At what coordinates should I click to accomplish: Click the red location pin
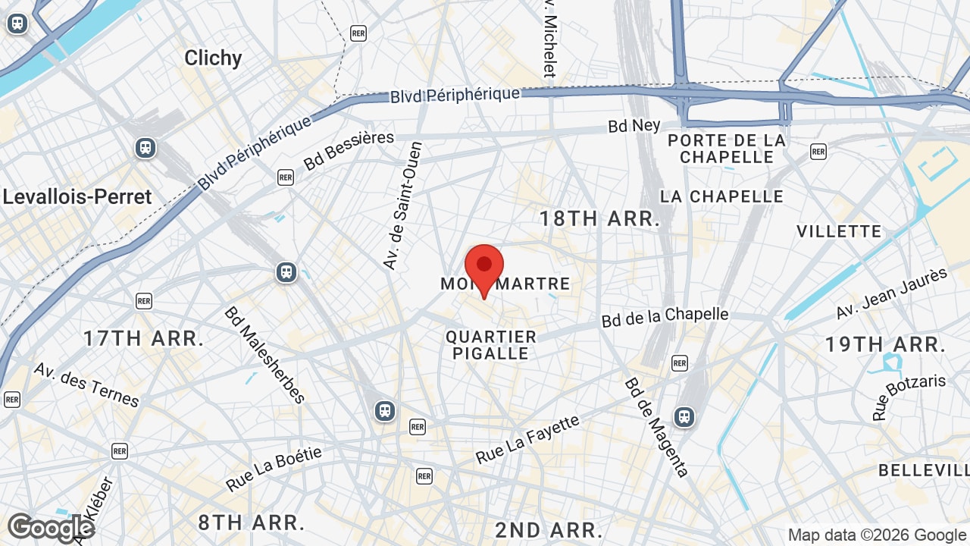[x=483, y=268]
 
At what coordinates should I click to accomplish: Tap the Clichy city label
[x=213, y=58]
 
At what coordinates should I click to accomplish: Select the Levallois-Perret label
[x=77, y=196]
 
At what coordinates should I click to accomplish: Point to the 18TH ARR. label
[x=599, y=219]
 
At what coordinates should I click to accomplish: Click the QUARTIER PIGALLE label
[x=491, y=345]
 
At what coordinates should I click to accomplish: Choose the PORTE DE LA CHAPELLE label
[x=727, y=149]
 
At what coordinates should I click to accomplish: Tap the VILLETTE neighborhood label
[x=839, y=231]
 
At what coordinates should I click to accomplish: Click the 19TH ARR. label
[x=885, y=344]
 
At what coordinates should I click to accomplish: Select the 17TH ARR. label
[x=143, y=338]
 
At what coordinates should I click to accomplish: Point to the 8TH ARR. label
[x=252, y=522]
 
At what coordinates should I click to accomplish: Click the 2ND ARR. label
[x=549, y=529]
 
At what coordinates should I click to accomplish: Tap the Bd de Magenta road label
[x=656, y=428]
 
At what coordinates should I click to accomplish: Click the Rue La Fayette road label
[x=527, y=439]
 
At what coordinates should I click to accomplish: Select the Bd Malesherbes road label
[x=264, y=355]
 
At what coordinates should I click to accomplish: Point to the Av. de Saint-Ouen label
[x=402, y=206]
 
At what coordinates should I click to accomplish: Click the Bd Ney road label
[x=634, y=126]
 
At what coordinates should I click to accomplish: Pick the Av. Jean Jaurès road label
[x=892, y=293]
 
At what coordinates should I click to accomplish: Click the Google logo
[x=51, y=528]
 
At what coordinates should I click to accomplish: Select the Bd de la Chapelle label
[x=665, y=317]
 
